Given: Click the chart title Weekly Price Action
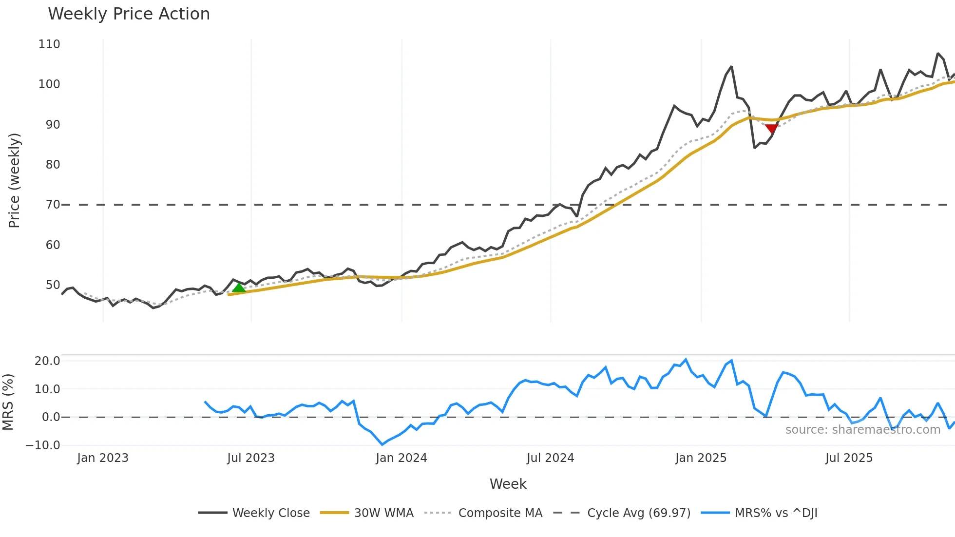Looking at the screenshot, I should [129, 14].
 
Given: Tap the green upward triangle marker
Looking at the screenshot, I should [239, 288].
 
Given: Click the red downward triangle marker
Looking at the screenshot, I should [771, 128].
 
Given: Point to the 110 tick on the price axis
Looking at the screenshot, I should [49, 44].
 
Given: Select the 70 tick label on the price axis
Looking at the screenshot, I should [53, 205].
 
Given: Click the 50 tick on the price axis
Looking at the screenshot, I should [53, 285].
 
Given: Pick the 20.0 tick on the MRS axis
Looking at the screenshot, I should [47, 361].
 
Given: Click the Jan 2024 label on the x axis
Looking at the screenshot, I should [401, 458].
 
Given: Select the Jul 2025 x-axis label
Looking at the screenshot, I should [849, 458].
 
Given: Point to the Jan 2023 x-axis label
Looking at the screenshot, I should [103, 458].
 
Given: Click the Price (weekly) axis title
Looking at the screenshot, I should [15, 180].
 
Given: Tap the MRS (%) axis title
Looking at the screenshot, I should [8, 402].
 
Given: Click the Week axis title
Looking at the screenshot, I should [508, 484].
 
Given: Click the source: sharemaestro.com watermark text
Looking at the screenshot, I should [862, 430].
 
